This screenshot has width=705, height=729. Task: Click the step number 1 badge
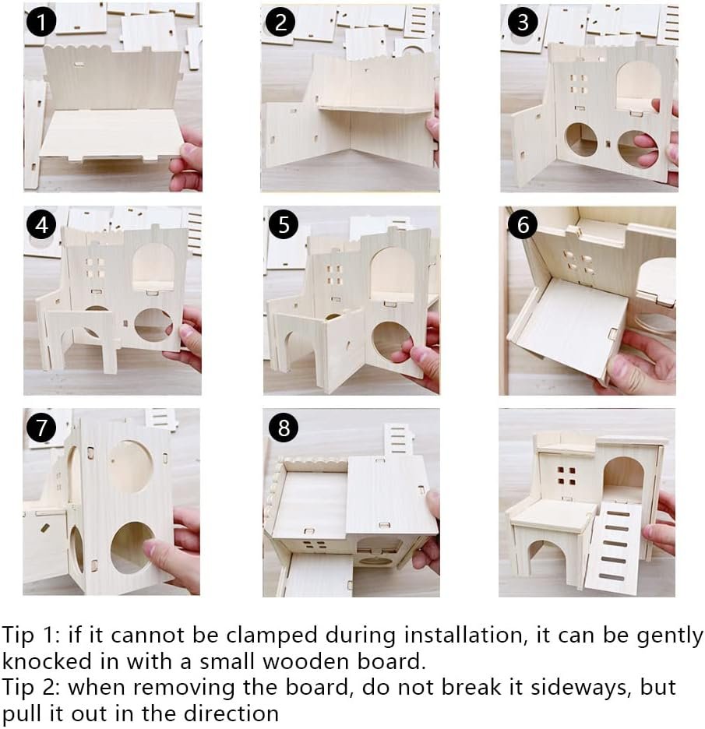click(41, 22)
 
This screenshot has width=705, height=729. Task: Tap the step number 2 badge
click(280, 22)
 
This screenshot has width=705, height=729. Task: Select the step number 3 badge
click(523, 22)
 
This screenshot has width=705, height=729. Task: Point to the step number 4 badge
click(41, 225)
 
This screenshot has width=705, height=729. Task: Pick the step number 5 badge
click(284, 225)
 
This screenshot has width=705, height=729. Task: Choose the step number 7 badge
click(41, 428)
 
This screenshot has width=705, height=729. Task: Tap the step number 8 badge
click(284, 428)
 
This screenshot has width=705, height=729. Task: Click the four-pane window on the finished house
click(567, 476)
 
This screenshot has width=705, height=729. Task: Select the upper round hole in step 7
click(131, 467)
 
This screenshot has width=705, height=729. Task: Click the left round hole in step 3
click(581, 139)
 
